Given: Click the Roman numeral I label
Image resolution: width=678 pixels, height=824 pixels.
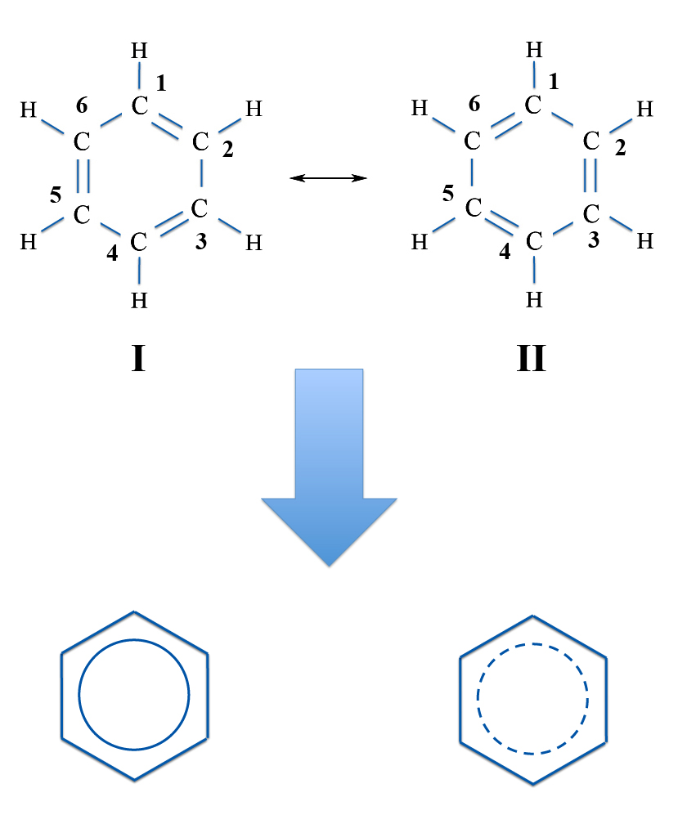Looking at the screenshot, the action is click(138, 358).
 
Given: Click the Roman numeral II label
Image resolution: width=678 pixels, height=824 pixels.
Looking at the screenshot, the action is click(532, 358).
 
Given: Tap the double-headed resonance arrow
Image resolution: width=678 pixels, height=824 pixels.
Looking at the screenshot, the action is click(329, 178).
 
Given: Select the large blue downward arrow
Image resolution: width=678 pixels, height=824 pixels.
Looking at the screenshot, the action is click(329, 468).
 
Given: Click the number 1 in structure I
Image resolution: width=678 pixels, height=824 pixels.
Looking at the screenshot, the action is click(161, 83).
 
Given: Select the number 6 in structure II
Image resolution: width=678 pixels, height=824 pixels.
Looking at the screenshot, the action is click(474, 104).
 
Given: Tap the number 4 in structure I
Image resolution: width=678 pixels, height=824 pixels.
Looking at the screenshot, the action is click(112, 253).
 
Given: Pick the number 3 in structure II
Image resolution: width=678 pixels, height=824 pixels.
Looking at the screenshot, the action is click(594, 240).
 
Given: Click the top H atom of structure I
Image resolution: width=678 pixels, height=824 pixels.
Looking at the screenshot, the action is click(139, 51).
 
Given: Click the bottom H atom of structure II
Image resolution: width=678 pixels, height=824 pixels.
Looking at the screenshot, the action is click(534, 299).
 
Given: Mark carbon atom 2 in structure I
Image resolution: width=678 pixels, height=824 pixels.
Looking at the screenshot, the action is click(200, 141).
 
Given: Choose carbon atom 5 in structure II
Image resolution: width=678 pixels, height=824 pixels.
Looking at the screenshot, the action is click(473, 208).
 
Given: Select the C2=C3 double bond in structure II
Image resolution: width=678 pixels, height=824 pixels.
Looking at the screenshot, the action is click(590, 175).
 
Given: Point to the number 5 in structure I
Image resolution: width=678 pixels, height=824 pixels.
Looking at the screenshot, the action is click(55, 195).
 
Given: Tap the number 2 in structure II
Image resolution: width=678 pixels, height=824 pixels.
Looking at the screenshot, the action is click(620, 148).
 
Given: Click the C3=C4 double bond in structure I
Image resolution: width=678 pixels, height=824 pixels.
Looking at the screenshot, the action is click(171, 224).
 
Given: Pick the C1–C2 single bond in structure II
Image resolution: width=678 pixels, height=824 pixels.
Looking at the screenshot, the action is click(562, 119).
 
